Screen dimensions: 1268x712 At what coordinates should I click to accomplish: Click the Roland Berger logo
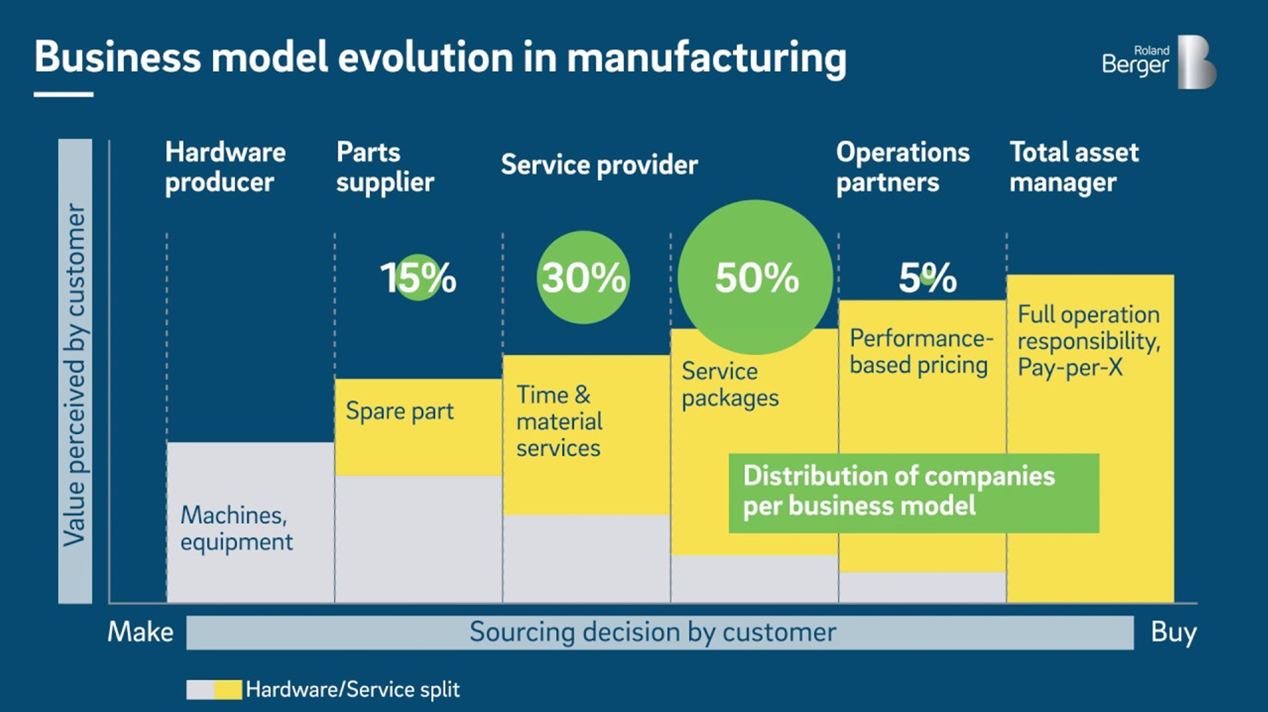[1159, 61]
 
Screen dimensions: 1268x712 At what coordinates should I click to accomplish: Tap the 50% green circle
[756, 277]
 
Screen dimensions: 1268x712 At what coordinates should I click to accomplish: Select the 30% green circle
[583, 277]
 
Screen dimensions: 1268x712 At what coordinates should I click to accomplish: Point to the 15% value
[418, 277]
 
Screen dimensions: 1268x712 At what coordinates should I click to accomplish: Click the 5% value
[927, 277]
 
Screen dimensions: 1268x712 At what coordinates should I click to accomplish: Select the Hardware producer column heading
[225, 167]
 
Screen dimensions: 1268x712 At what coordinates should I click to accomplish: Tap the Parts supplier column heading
[385, 167]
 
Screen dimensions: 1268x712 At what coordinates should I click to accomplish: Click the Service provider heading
[599, 165]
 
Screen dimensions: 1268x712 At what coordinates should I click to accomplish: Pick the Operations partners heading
[903, 167]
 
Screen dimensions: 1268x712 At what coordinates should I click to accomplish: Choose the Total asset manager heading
[1074, 167]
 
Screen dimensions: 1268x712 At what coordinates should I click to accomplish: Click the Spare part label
[400, 411]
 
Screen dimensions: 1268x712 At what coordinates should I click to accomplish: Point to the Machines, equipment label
[236, 528]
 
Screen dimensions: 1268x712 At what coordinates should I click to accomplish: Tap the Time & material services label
[559, 421]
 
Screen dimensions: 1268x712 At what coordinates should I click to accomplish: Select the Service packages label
[730, 385]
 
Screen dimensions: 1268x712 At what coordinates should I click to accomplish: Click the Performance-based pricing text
[921, 352]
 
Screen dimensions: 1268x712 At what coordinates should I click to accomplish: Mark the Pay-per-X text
[1070, 367]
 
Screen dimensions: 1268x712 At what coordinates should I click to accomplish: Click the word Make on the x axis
[140, 631]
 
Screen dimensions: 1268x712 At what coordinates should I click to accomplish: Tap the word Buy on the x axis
[1174, 632]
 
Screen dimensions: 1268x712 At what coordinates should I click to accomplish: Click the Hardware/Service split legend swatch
[214, 690]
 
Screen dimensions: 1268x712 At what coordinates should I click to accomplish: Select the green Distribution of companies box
[914, 493]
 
